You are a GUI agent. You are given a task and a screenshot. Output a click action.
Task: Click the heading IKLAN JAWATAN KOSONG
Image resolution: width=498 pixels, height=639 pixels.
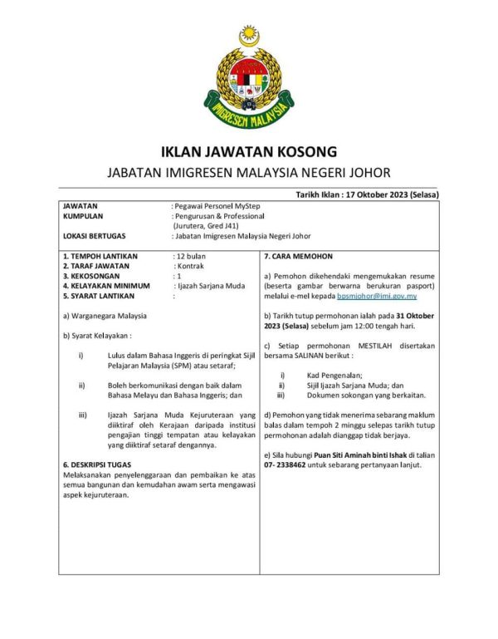pos(248,151)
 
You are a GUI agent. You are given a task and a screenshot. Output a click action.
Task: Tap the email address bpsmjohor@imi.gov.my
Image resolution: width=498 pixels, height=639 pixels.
pos(370,295)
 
